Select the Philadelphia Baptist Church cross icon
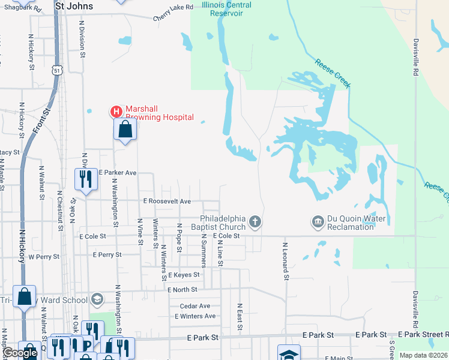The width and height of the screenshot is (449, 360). [x=255, y=223]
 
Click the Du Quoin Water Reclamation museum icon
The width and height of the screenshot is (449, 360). [x=317, y=223]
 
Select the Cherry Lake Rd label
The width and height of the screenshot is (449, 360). [x=173, y=7]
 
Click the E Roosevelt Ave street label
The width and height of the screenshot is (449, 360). [x=167, y=201]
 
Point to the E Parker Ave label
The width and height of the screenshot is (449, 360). [x=118, y=172]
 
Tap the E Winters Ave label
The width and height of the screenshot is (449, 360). [x=195, y=316]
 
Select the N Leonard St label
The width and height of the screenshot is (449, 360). [x=286, y=261]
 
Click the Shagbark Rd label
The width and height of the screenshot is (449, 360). [x=22, y=8]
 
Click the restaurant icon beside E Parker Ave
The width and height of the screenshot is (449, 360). [x=85, y=178]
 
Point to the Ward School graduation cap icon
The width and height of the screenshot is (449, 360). [x=97, y=299]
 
